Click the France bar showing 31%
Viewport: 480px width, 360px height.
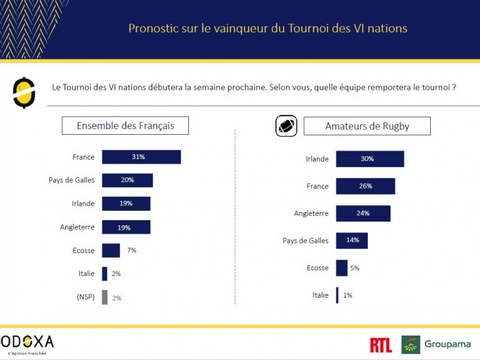(141, 157)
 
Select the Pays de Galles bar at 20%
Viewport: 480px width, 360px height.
(127, 180)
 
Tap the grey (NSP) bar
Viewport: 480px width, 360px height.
(105, 298)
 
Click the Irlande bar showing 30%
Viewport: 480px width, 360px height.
(370, 158)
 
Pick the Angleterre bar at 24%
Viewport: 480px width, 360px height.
(363, 213)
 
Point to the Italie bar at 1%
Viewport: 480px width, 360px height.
(337, 295)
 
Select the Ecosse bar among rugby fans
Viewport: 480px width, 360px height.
(342, 268)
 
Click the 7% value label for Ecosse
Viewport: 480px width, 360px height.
(131, 250)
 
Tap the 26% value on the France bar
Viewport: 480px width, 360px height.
(365, 186)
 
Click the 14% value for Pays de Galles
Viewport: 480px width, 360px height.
(352, 240)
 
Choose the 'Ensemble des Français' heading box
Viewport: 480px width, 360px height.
(125, 125)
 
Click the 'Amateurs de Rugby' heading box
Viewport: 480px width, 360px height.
(367, 126)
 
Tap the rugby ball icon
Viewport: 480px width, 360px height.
(286, 126)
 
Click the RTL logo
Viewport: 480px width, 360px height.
(381, 345)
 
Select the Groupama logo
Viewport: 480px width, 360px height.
(436, 344)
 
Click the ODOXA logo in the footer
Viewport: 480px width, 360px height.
(27, 343)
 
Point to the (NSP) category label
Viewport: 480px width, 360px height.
(82, 298)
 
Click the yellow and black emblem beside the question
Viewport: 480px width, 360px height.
(23, 92)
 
